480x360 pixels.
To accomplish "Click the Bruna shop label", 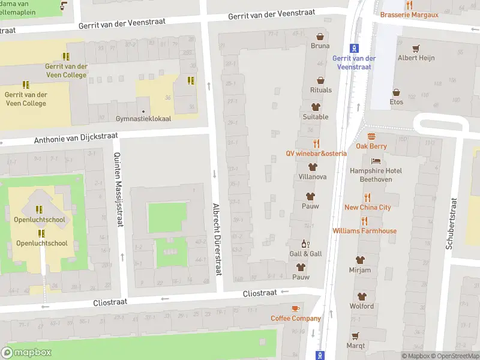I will coord(320,46).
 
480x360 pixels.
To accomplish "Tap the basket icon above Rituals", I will coord(320,80).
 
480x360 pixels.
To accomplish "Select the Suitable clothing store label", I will coord(316,117).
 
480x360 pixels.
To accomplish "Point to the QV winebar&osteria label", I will coord(316,154).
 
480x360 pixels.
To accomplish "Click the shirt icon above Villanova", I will coord(312,167).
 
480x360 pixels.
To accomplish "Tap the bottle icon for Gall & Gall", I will coord(305,244).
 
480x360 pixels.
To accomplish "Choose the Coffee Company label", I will coord(295,319).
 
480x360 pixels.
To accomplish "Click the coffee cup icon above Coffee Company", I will coord(295,308).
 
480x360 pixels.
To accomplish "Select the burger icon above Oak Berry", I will coord(371,136).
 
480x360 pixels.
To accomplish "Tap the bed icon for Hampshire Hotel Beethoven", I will coord(376,161).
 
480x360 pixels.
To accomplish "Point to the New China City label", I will coord(367,208).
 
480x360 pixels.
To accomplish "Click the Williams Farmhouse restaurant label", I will coord(364,231).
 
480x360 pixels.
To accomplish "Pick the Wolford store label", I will coord(361,306).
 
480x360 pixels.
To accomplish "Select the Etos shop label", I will coord(396,102).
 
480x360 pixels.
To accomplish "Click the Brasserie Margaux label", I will coord(409,14).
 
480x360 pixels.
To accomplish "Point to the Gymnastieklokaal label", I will coord(143,119).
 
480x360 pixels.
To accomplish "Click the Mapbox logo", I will coord(26,353).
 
